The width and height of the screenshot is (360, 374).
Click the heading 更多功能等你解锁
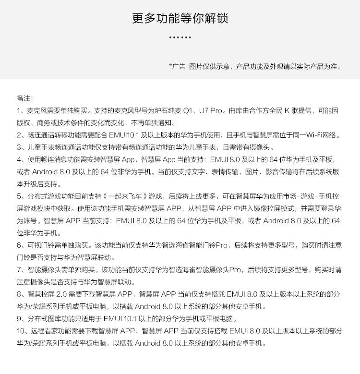(x=180, y=19)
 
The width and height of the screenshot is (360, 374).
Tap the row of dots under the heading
(x=180, y=37)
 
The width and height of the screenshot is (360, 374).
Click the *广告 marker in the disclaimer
(x=177, y=66)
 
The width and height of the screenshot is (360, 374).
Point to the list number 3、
(x=21, y=147)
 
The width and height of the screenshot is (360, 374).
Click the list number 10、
(x=23, y=331)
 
